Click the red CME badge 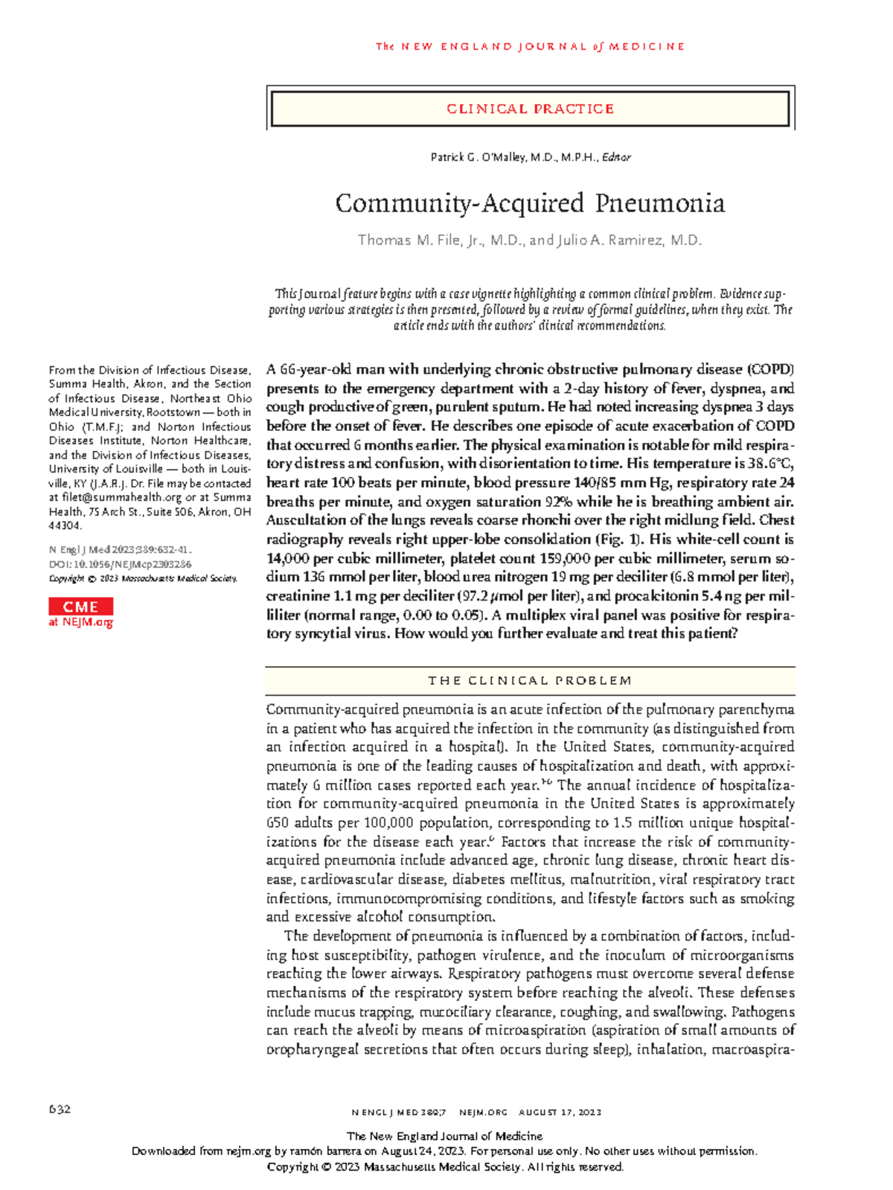[80, 607]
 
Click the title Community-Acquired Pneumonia [530, 203]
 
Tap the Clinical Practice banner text [530, 109]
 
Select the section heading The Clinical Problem [530, 680]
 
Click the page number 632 [60, 1109]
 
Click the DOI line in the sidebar [120, 564]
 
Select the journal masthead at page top [530, 46]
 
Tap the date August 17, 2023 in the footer [560, 1112]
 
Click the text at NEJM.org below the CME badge [80, 622]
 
